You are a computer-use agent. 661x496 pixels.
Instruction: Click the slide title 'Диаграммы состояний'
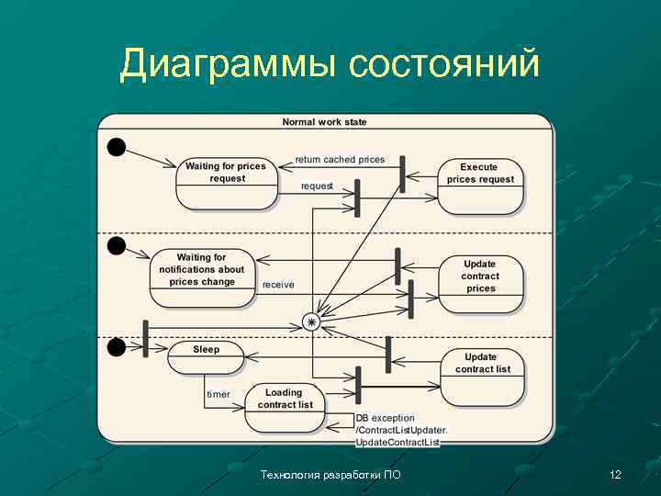329,64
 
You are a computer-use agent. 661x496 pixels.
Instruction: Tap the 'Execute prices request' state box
480,184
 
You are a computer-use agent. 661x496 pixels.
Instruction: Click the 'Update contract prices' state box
480,284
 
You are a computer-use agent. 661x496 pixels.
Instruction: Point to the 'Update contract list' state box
482,375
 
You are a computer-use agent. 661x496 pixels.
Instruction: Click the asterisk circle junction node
312,322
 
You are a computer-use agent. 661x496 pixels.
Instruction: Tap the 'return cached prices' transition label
340,160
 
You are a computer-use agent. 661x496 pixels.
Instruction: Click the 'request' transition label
317,186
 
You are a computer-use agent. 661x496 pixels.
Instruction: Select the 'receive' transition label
278,285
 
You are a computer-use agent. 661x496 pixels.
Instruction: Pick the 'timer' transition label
218,394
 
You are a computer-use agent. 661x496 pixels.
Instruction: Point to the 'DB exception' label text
386,419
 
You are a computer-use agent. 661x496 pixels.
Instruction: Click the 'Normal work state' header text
324,122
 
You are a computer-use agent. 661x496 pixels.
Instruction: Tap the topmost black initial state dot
117,147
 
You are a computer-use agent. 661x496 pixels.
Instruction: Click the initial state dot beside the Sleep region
117,347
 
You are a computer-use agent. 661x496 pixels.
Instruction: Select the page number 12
615,475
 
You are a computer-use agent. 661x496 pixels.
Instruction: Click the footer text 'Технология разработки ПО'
330,475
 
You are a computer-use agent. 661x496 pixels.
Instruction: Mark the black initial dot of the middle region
117,245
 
